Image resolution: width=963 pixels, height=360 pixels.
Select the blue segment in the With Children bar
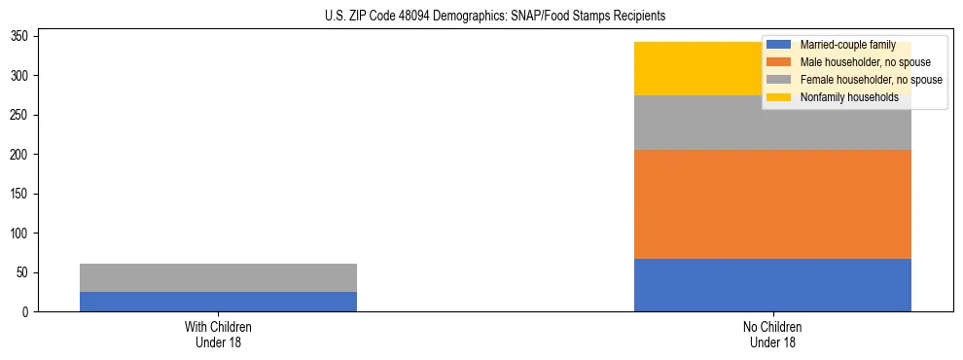coord(218,302)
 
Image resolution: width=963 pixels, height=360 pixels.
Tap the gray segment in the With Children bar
coord(218,277)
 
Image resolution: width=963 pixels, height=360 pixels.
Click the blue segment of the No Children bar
coord(772,285)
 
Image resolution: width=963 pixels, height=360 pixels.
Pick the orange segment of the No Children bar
coord(772,204)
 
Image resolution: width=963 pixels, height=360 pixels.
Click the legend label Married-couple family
coord(847,45)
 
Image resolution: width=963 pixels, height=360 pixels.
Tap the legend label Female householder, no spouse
coord(871,80)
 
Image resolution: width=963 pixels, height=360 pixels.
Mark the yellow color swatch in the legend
coord(779,97)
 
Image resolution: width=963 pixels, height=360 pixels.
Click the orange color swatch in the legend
coord(779,62)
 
